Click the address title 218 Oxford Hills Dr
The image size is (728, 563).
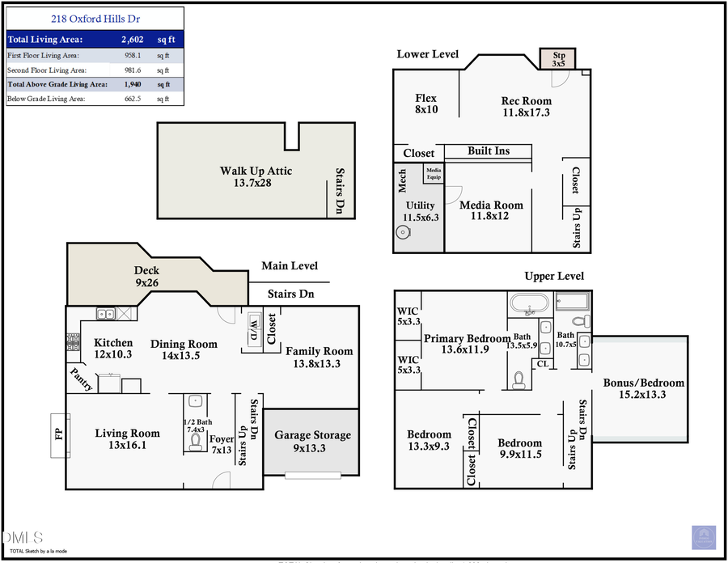pyautogui.click(x=95, y=19)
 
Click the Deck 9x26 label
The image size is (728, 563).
pyautogui.click(x=146, y=277)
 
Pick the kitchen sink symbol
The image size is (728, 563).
pyautogui.click(x=105, y=314)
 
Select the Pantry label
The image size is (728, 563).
pyautogui.click(x=81, y=380)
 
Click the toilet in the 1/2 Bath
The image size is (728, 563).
pyautogui.click(x=194, y=441)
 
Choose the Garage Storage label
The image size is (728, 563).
pyautogui.click(x=312, y=441)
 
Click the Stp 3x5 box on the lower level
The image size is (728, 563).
pyautogui.click(x=558, y=58)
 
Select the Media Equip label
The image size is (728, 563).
pyautogui.click(x=434, y=174)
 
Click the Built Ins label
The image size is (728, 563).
pyautogui.click(x=489, y=151)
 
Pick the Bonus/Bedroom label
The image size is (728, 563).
pyautogui.click(x=644, y=389)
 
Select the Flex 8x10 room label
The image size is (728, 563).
pyautogui.click(x=426, y=104)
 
